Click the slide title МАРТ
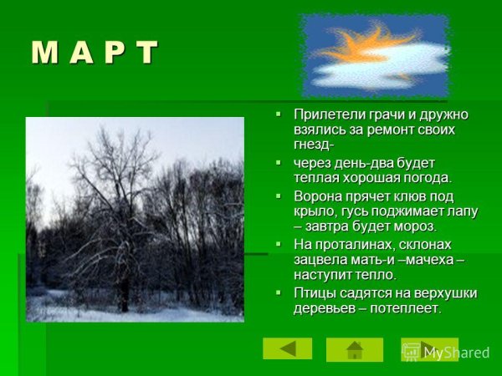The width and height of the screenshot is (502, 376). coord(95,53)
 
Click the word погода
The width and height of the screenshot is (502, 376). coord(424,177)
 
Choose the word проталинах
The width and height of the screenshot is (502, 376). coord(352,244)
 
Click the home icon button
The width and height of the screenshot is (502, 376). coord(355,349)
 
